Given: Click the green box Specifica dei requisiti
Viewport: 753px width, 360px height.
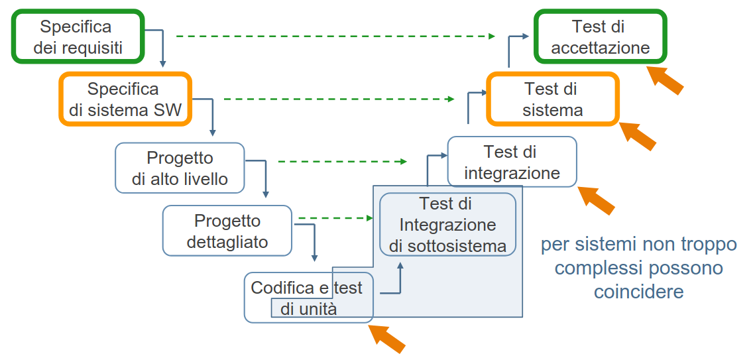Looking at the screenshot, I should pyautogui.click(x=77, y=37).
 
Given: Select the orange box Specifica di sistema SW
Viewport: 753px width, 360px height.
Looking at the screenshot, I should pyautogui.click(x=125, y=99).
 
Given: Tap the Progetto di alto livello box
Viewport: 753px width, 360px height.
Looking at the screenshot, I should pyautogui.click(x=180, y=168).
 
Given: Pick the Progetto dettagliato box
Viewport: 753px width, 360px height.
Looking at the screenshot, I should pyautogui.click(x=227, y=231).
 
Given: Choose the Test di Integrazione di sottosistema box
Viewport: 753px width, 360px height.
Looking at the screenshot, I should pyautogui.click(x=447, y=225).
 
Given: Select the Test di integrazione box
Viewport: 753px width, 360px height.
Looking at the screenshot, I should pyautogui.click(x=512, y=162).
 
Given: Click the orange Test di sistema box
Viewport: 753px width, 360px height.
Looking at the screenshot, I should pyautogui.click(x=553, y=99).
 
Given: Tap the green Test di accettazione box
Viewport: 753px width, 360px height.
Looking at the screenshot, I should pyautogui.click(x=600, y=37).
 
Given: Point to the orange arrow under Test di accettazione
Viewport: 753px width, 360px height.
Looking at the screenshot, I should pyautogui.click(x=665, y=79).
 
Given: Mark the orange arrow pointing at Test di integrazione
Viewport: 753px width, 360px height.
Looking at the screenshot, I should pyautogui.click(x=597, y=199).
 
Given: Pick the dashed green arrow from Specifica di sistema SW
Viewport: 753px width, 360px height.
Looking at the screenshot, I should pyautogui.click(x=339, y=99).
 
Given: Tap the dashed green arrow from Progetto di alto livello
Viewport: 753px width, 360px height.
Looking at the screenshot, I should pyautogui.click(x=342, y=161).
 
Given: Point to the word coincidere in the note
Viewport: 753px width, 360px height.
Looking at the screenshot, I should pyautogui.click(x=638, y=292).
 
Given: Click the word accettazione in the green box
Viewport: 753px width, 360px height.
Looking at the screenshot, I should pyautogui.click(x=600, y=48).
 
